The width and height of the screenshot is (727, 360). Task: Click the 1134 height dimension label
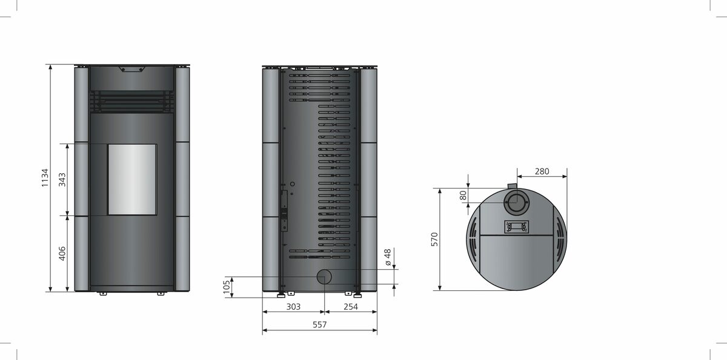coord(44,178)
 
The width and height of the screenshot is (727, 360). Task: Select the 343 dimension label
coord(62,179)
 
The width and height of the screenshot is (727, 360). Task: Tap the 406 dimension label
coord(62,253)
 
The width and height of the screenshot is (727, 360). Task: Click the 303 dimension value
coord(293,307)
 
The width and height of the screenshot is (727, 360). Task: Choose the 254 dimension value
coord(350,307)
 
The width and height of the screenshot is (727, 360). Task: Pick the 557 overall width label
coord(319,325)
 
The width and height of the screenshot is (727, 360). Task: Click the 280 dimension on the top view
coord(542,172)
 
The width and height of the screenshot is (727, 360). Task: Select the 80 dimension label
coord(463,196)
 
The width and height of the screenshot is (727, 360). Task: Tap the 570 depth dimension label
coord(434,239)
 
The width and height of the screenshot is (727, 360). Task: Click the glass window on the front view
coord(131,179)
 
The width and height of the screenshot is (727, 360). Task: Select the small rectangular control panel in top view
coord(516,227)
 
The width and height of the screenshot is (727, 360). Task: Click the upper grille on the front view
coord(132,101)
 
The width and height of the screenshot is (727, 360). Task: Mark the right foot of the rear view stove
coord(359,295)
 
